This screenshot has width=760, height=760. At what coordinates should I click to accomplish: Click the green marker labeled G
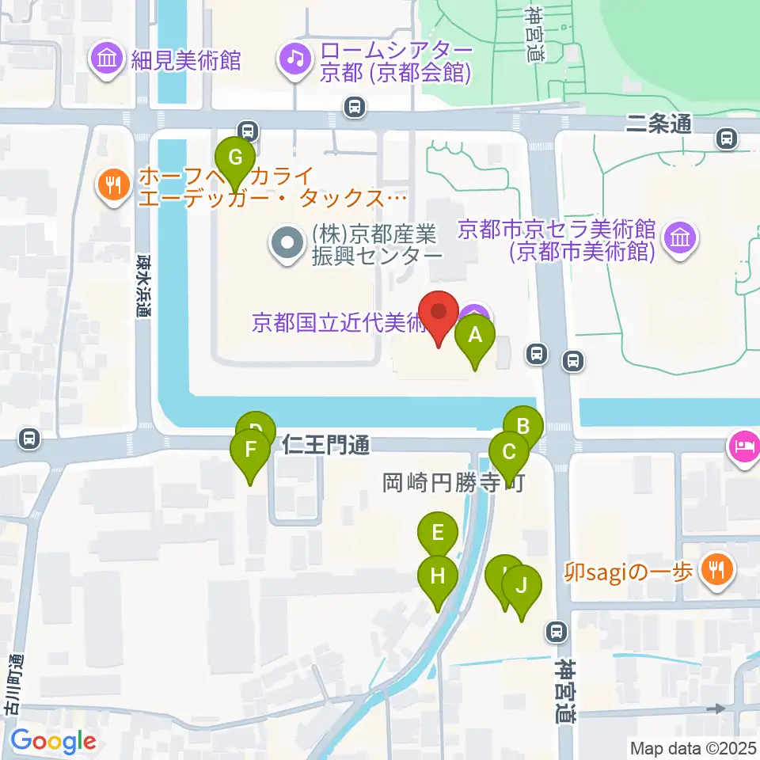click(x=235, y=158)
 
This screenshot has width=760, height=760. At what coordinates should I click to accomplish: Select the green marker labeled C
click(x=508, y=454)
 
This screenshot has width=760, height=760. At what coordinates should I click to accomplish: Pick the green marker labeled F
click(x=250, y=451)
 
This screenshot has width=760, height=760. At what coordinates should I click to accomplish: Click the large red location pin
click(x=438, y=313)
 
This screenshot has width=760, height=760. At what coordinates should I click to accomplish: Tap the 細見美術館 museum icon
click(x=106, y=59)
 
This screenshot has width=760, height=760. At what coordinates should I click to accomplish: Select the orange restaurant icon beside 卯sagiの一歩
click(x=716, y=570)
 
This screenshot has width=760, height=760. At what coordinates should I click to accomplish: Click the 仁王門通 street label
click(x=326, y=446)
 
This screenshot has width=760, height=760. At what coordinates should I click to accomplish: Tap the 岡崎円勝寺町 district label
click(x=454, y=483)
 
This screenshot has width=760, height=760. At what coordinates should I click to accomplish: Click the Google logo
click(x=53, y=741)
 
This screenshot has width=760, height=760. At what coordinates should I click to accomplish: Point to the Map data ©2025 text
click(x=693, y=747)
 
